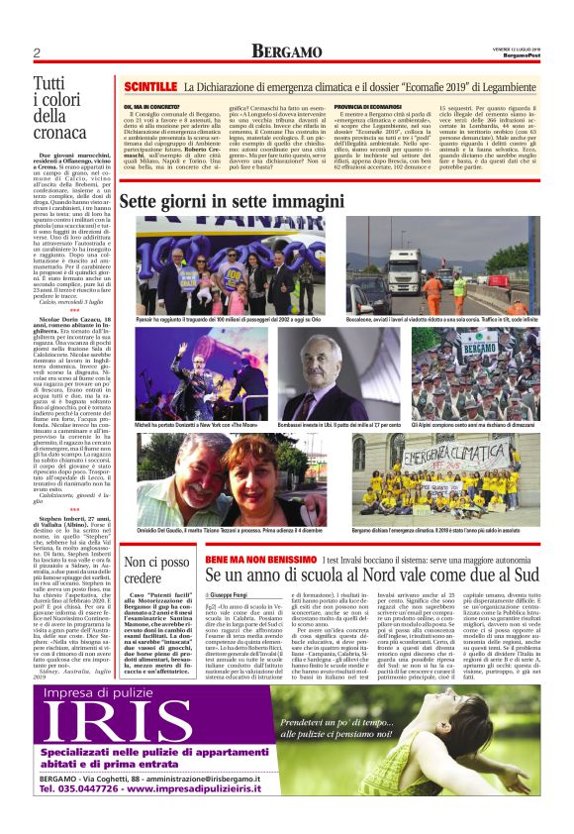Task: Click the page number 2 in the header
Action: coord(37,52)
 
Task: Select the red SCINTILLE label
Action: coord(149,88)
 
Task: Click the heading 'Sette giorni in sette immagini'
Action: coord(233,201)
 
